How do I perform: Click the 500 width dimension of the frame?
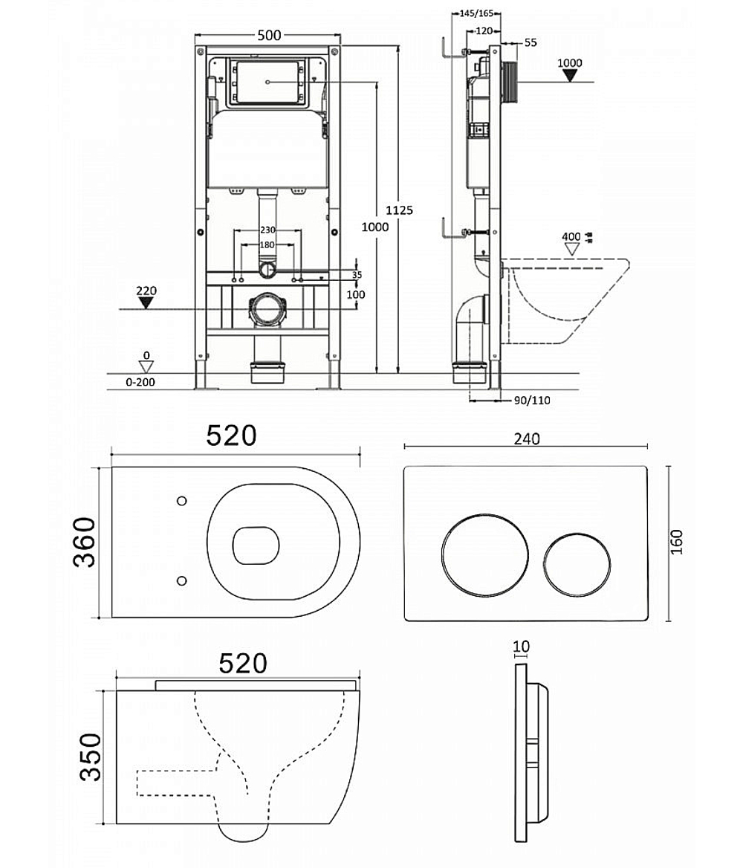coord(270,35)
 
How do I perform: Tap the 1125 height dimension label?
coord(399,210)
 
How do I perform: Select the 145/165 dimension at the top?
coord(476,13)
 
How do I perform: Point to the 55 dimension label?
coord(531,42)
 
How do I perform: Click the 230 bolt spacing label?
coord(267,230)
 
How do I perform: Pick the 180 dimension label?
coord(267,244)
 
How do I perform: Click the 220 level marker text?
coord(146,291)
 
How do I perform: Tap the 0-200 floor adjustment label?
coord(140,382)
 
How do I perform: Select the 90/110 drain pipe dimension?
coord(532,401)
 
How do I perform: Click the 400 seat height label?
coord(571,237)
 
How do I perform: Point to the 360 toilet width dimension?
coord(85,542)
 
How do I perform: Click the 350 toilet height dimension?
coord(91,757)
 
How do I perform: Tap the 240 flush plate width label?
coord(527,438)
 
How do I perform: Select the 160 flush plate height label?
coord(677,542)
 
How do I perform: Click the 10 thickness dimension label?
coord(521,646)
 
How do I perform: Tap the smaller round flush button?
coord(577,566)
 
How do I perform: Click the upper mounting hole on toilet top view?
coord(181,501)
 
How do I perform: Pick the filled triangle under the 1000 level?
coord(570,75)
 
